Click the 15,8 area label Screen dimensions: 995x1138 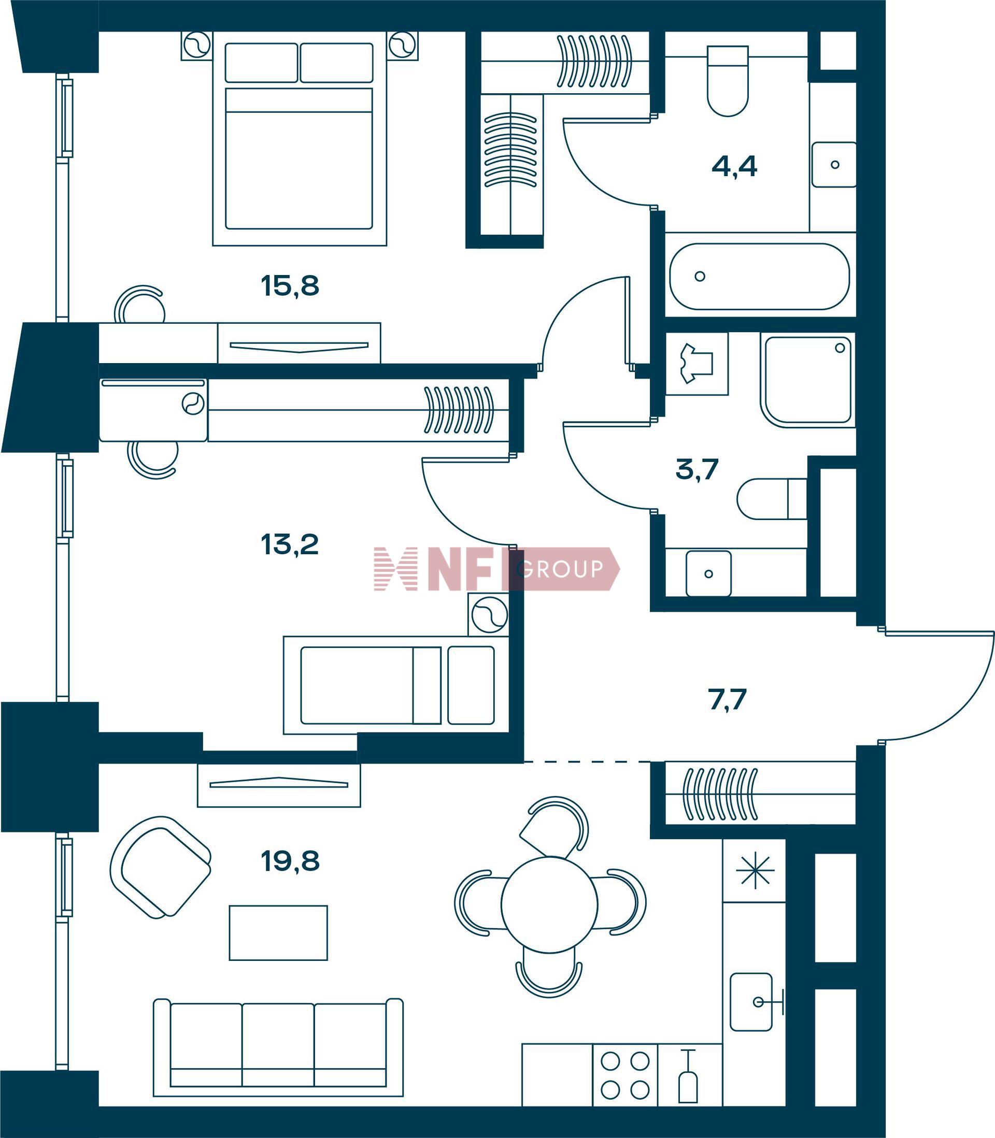point(290,286)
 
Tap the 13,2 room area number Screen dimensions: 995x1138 point(289,545)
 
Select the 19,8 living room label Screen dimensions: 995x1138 point(290,862)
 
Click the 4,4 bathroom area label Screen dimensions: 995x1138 point(734,166)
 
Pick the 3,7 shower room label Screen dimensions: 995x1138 point(698,469)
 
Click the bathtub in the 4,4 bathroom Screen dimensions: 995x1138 point(760,276)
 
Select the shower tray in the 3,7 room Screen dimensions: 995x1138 point(808,380)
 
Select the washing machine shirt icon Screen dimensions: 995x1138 point(696,364)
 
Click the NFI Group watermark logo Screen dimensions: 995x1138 point(496,569)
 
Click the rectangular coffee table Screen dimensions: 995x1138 point(278,933)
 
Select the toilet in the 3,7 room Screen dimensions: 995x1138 point(772,499)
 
